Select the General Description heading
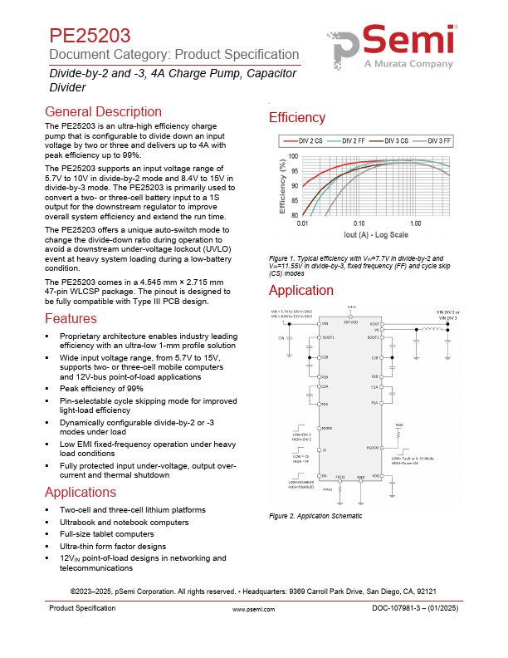point(103,112)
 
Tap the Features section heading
point(71,319)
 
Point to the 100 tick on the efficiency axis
point(292,156)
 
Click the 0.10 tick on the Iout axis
point(359,224)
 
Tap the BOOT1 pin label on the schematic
point(328,337)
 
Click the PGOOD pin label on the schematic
point(373,448)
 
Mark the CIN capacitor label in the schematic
point(281,339)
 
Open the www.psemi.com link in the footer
point(254,610)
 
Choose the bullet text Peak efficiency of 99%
point(101,388)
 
